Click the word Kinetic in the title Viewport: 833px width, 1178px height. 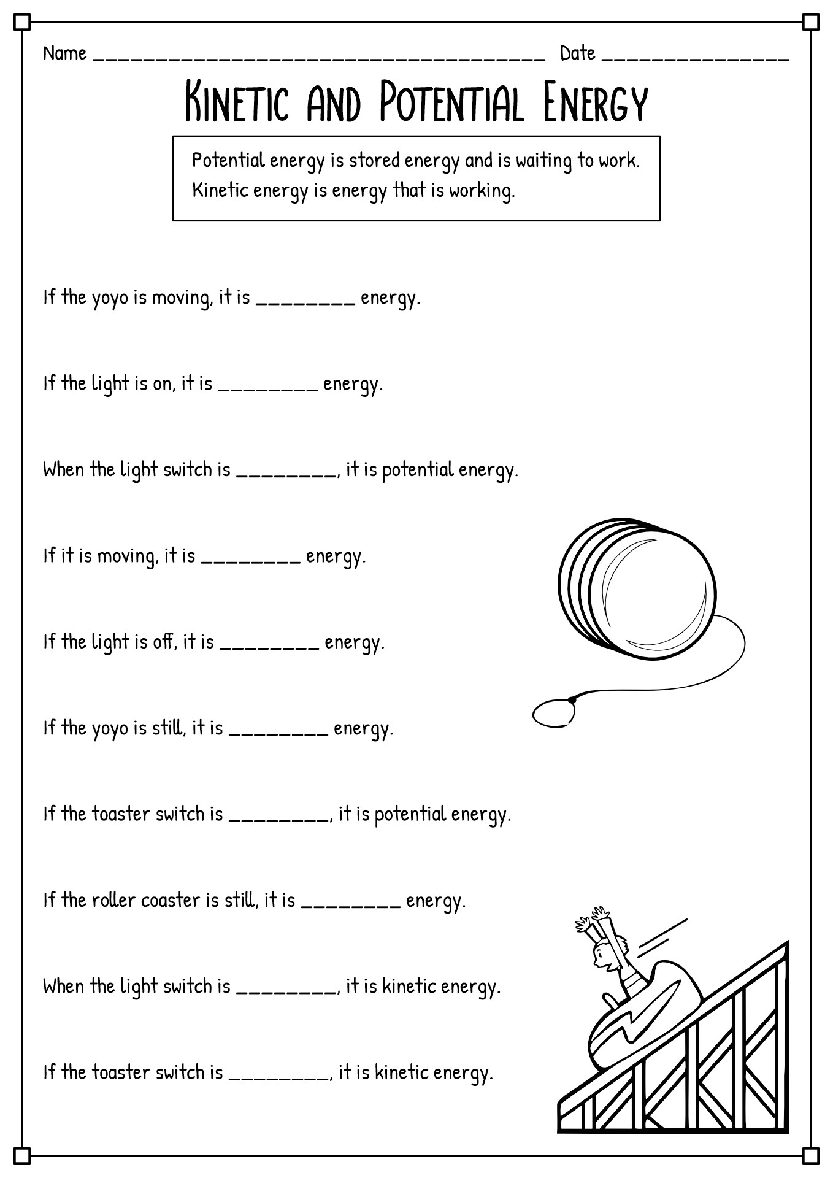click(236, 102)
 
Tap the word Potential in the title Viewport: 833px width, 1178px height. click(451, 102)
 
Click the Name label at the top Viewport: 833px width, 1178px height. click(64, 53)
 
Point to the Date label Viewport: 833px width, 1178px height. click(577, 53)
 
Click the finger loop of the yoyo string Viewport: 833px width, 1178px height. click(553, 714)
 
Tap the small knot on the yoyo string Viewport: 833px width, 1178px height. click(572, 699)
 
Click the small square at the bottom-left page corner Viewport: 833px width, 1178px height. click(21, 1155)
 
